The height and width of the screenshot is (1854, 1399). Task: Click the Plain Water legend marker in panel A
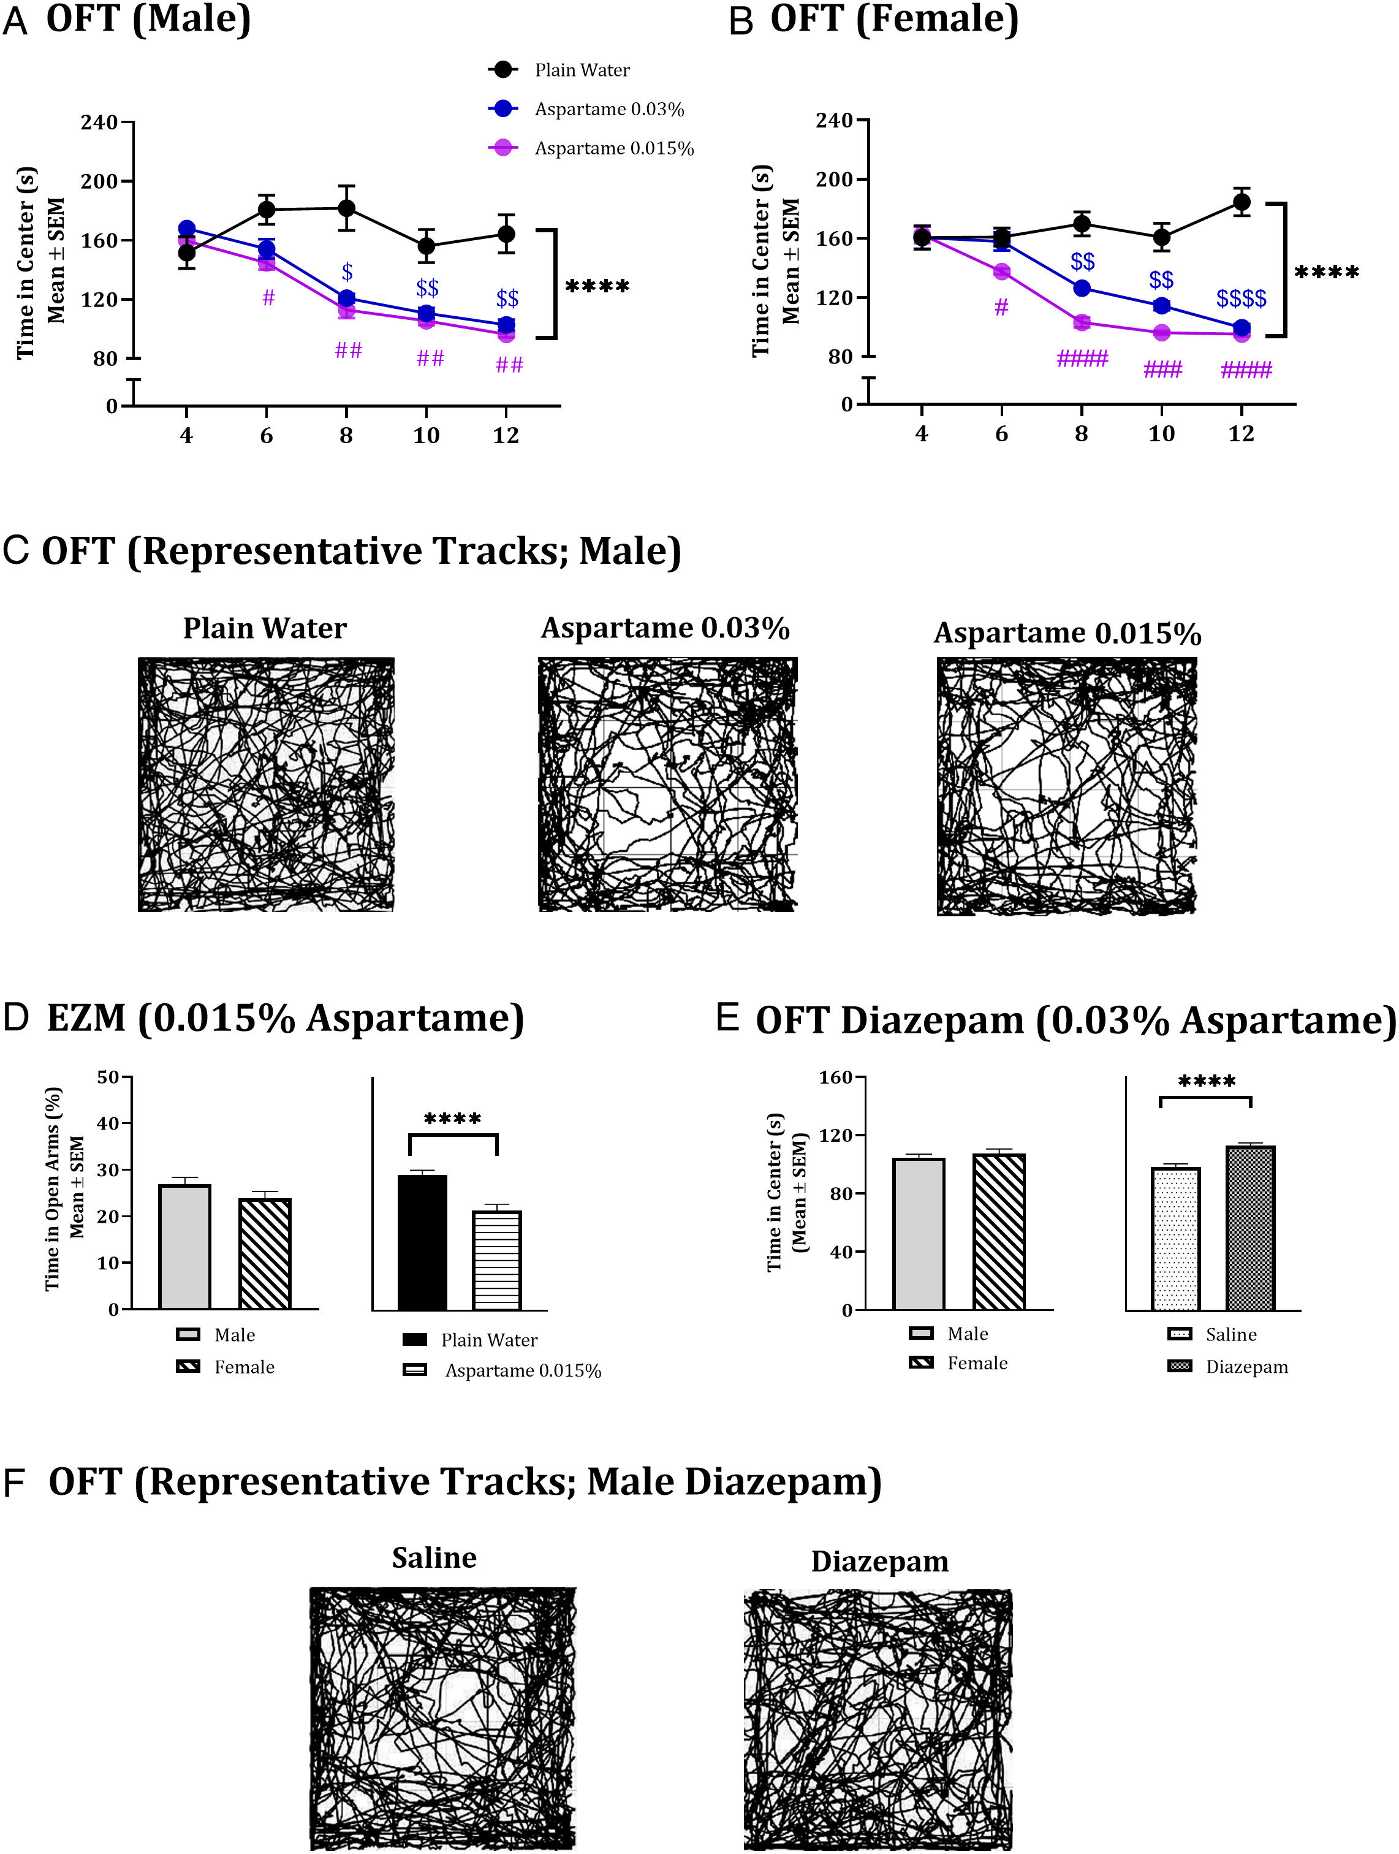coord(503,70)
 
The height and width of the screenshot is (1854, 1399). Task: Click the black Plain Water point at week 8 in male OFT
coord(346,208)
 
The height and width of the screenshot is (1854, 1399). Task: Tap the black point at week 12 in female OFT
coord(1242,202)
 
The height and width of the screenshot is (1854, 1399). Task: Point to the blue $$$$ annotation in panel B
coord(1242,298)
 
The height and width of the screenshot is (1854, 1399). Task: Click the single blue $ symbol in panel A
coord(347,272)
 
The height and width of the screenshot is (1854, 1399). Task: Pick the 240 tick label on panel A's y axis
coord(99,123)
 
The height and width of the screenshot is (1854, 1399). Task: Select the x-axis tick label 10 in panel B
coord(1161,433)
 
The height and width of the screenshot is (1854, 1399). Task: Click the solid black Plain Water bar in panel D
coord(422,1242)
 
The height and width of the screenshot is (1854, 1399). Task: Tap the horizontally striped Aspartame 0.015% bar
coord(496,1259)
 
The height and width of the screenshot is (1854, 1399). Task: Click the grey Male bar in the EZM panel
coord(184,1247)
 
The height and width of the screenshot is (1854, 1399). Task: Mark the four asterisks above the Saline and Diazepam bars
coord(1206,1082)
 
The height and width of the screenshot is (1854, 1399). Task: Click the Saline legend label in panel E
coord(1230,1334)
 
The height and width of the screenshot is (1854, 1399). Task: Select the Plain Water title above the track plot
coord(265,628)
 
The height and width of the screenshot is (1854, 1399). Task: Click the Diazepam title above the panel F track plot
coord(879,1562)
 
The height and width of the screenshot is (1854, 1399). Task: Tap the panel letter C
coord(17,550)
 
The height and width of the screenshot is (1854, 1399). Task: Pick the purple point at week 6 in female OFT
coord(1002,272)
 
